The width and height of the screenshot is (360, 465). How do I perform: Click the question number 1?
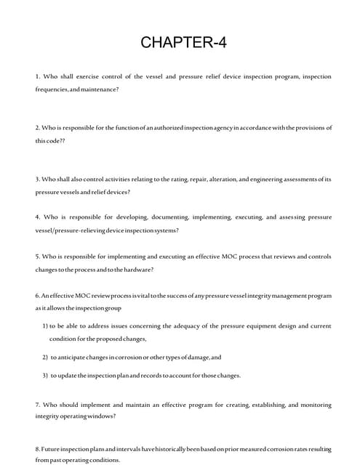[x=37, y=76]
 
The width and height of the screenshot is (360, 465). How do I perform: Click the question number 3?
[x=37, y=179]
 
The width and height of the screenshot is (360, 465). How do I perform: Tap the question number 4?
[x=37, y=217]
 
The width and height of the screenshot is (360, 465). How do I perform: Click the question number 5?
[x=37, y=256]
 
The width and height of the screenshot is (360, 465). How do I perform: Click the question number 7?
[x=37, y=404]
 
